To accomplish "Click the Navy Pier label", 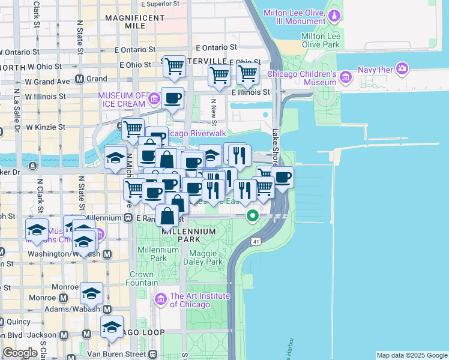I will coord(377,70).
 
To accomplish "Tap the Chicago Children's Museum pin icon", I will coord(345,77).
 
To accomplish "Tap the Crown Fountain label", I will coord(142,278).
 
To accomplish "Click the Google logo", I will coord(20,353).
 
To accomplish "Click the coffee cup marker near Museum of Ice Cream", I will coord(173,98).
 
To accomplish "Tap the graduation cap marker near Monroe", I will coord(92,293).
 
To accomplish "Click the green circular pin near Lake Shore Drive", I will coord(253,215).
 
